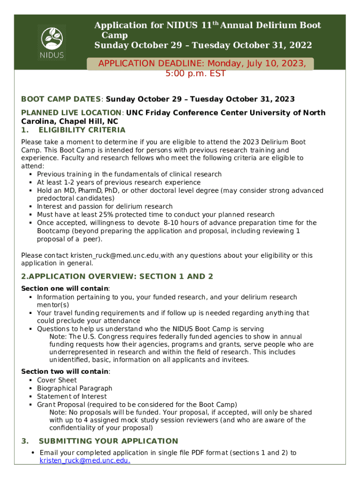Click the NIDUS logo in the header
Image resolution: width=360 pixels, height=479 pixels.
coord(51,42)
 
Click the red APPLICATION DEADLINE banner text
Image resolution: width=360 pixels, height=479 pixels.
coord(202,68)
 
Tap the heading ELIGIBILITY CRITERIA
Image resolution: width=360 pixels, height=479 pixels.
coord(82,130)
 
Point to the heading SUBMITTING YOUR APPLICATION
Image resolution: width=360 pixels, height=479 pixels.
coord(108,441)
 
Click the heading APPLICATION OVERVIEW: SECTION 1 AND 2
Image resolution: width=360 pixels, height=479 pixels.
coord(117,276)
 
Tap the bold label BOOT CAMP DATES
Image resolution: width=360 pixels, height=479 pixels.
coord(61,99)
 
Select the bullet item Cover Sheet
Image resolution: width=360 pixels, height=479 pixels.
coord(57,380)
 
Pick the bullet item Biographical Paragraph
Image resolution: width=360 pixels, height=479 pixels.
coord(75,388)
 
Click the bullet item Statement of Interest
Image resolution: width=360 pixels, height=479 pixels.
coord(72,396)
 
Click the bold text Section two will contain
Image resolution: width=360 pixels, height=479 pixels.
coord(65,371)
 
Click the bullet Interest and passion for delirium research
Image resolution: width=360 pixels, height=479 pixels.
coord(105,206)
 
